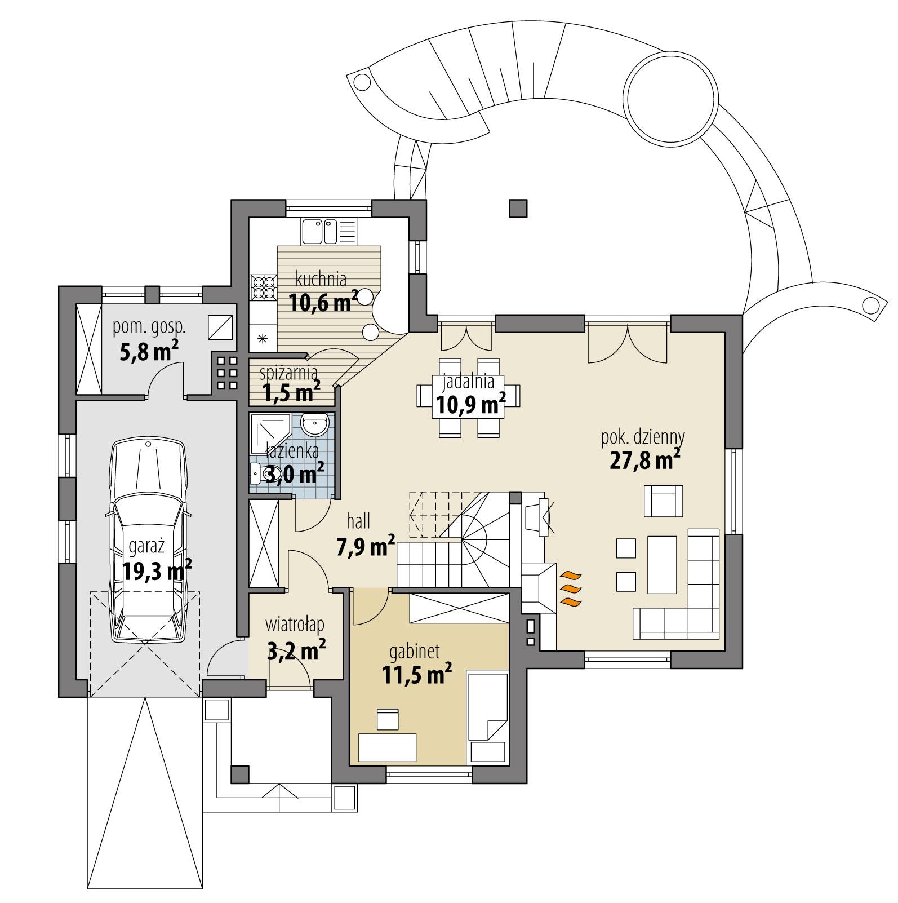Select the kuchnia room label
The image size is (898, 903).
321,278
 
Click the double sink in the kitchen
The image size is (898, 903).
319,231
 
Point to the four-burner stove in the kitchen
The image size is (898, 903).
263,287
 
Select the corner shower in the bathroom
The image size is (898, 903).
269,431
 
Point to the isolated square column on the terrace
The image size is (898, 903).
518,208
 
